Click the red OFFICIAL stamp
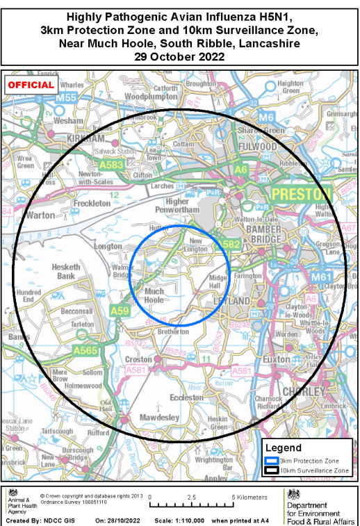31,85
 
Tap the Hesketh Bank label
65,270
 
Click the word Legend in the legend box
284,448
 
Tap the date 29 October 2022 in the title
180,57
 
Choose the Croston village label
140,359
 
